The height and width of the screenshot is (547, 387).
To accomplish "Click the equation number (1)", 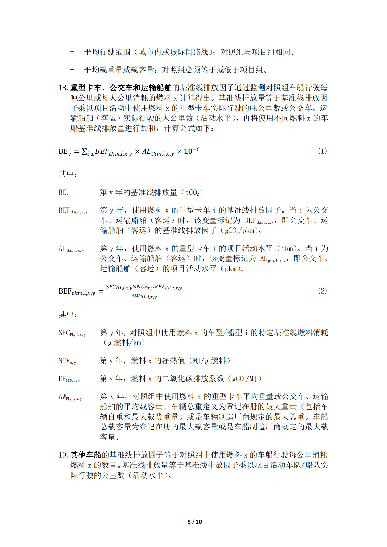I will (x=322, y=151).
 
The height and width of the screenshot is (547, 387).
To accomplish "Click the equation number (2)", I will (x=322, y=291).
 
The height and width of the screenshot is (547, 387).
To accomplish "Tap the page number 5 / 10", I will (x=195, y=522).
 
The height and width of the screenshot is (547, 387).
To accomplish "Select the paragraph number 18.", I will (x=63, y=88).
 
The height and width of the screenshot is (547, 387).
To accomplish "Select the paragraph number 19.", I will (x=63, y=455).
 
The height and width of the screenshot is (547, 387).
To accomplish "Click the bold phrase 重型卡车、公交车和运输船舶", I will (x=121, y=88).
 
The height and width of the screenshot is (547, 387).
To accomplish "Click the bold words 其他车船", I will (x=86, y=455).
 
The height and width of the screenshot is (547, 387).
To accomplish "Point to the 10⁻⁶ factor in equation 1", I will (x=192, y=151).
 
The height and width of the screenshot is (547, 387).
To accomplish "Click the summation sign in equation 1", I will (x=84, y=151).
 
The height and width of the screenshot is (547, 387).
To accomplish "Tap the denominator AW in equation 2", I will (x=144, y=296).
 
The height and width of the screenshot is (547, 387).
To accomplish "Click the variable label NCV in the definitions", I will (x=67, y=361).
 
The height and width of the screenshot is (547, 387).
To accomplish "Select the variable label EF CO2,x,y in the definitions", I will (x=69, y=379).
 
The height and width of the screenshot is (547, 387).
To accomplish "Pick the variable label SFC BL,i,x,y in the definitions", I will (x=72, y=333).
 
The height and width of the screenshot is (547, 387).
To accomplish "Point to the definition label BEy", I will (x=63, y=193).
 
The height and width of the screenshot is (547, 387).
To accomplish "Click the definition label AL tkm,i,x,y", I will (x=71, y=249).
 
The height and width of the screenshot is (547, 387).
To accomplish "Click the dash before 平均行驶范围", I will (x=72, y=52).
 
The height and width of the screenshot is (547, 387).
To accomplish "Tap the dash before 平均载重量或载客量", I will (x=72, y=70).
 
